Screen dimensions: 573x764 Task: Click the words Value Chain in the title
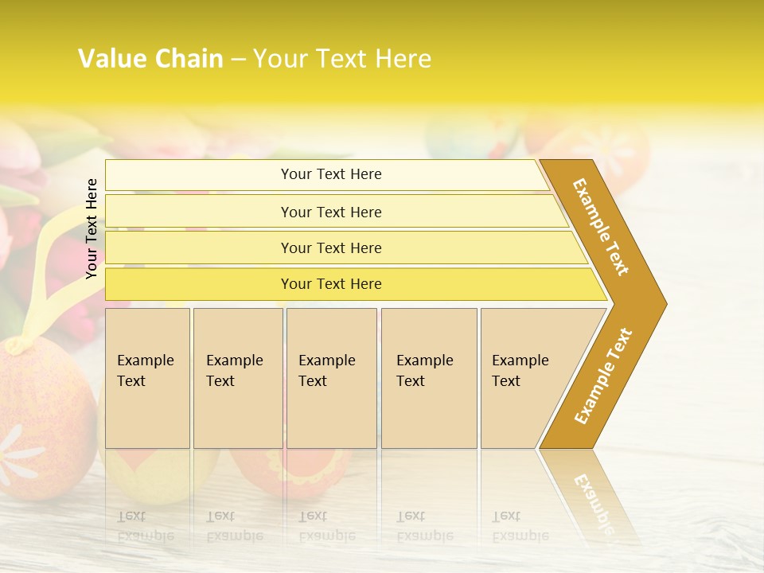(150, 59)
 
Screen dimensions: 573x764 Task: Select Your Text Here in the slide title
(342, 59)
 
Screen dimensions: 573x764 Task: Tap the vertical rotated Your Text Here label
(92, 228)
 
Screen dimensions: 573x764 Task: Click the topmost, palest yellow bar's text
(331, 174)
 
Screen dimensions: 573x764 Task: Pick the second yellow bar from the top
(331, 212)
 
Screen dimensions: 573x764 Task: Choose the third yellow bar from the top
(331, 248)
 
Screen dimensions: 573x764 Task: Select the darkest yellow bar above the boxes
(331, 284)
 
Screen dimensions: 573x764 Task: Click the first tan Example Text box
(147, 377)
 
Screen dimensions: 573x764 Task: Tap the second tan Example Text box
(237, 377)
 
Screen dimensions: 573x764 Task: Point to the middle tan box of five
(330, 377)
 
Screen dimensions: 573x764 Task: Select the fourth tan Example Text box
(428, 377)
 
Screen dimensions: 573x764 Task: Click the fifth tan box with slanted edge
(525, 377)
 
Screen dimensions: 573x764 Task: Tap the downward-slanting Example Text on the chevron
(601, 227)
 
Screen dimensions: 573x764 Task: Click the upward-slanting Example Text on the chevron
(603, 376)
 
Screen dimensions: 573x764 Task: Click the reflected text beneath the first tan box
(146, 526)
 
